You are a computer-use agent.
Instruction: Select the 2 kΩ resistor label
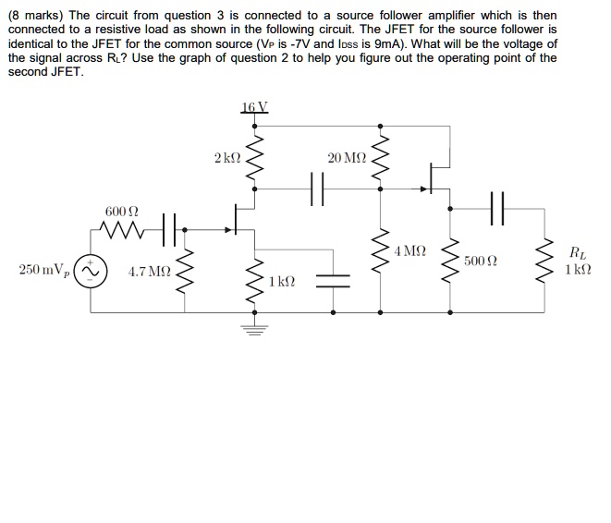pos(227,159)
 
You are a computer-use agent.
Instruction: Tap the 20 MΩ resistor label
pos(347,159)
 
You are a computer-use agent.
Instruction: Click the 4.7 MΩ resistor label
pos(149,272)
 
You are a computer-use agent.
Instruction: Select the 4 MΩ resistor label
pos(409,250)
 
